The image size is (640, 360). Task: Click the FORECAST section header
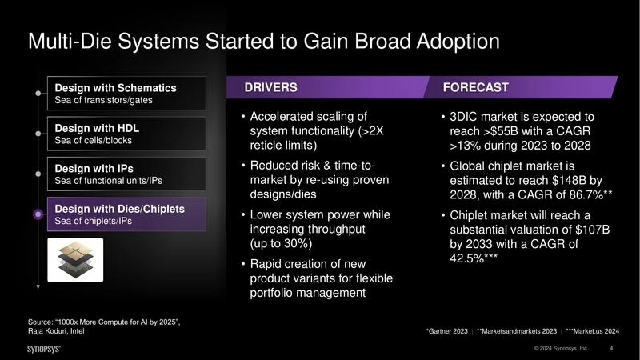[475, 87]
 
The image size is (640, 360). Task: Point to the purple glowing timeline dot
[38, 214]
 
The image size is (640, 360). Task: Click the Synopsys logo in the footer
[46, 349]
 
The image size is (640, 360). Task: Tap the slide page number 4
[611, 349]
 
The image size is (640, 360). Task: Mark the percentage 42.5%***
[474, 259]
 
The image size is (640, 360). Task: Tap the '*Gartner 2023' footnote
[447, 330]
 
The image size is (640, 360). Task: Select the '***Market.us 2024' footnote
[594, 330]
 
